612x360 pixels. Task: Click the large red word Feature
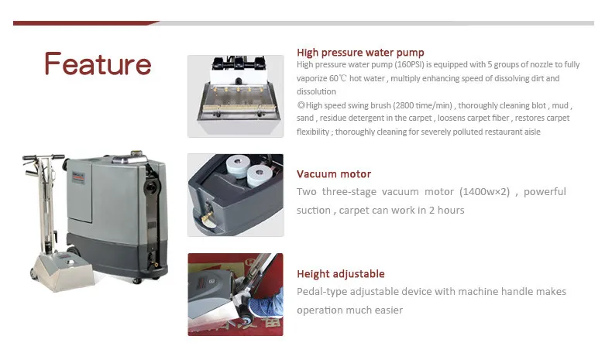pos(98,63)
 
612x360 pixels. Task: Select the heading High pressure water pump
pos(360,53)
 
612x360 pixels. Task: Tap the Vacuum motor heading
pos(334,174)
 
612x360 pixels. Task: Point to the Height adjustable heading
pos(341,274)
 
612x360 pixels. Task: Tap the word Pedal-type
pos(321,292)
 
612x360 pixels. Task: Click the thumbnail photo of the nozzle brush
pos(236,96)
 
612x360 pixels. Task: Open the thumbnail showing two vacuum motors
pos(236,195)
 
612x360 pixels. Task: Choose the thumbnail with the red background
pos(236,294)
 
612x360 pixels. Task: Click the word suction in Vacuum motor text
pos(314,210)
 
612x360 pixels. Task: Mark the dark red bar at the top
pos(85,23)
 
